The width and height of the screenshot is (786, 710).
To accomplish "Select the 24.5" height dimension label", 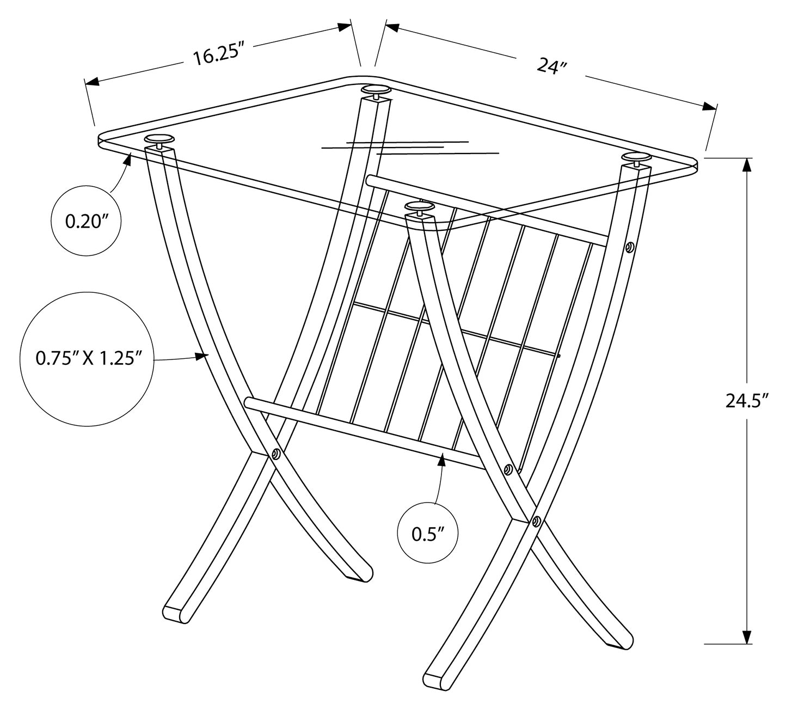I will click(x=746, y=401).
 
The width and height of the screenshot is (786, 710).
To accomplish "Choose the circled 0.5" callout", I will click(x=427, y=534).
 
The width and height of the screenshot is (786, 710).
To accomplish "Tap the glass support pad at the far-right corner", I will click(x=636, y=157).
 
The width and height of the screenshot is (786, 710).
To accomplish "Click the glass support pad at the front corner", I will click(x=420, y=206).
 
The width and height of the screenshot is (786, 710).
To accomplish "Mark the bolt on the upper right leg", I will click(x=630, y=247).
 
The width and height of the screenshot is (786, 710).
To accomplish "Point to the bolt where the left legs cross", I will click(x=276, y=453).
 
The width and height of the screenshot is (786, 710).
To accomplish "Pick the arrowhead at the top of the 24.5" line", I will click(x=746, y=164).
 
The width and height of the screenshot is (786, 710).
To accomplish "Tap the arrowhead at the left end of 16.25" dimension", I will click(x=91, y=82).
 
